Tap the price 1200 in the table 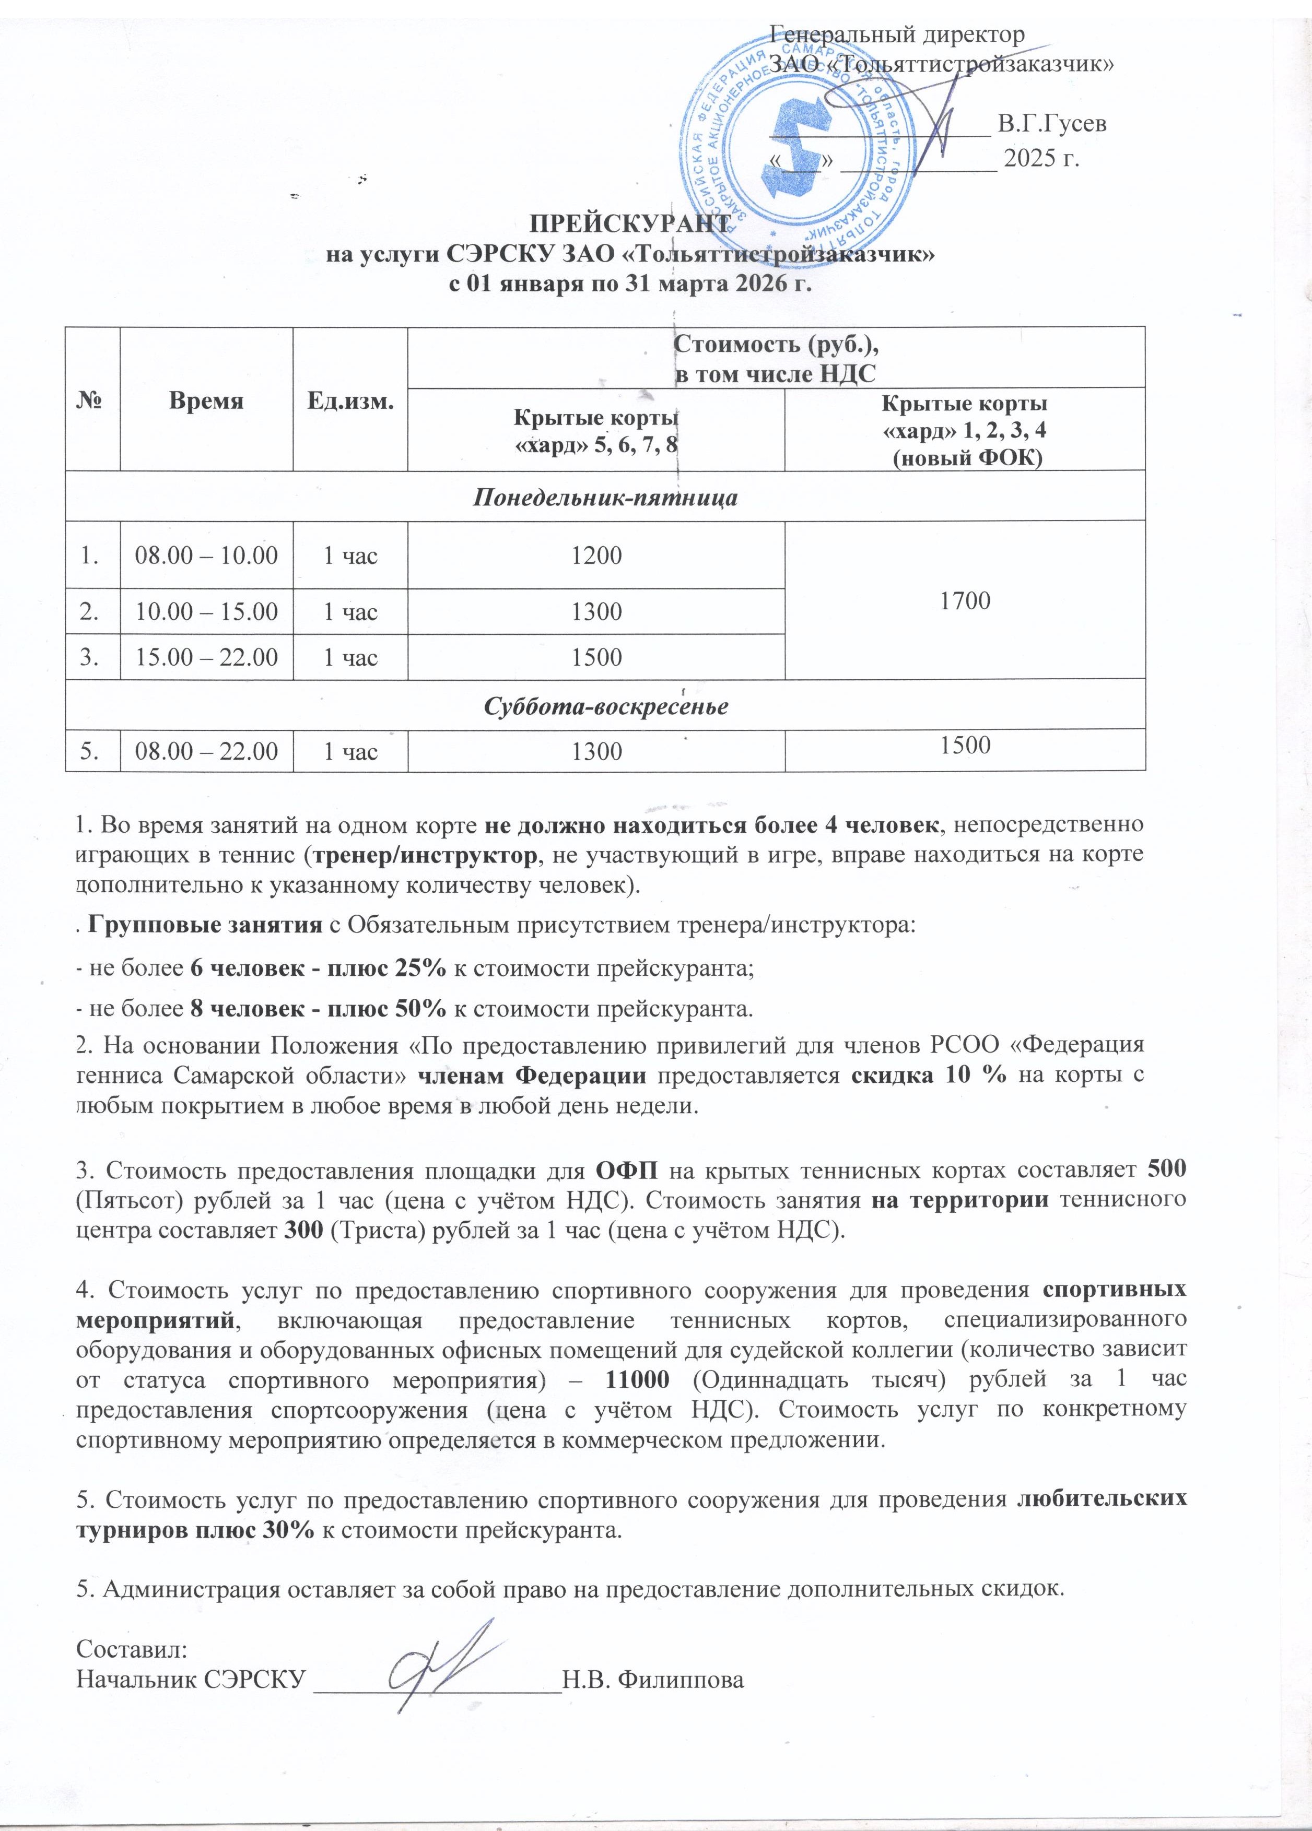pos(596,556)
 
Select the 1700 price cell pos(966,600)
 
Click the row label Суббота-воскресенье pos(605,706)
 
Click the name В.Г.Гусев pos(1051,124)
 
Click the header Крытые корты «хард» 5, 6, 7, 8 pos(596,431)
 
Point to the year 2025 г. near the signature pos(1040,158)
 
